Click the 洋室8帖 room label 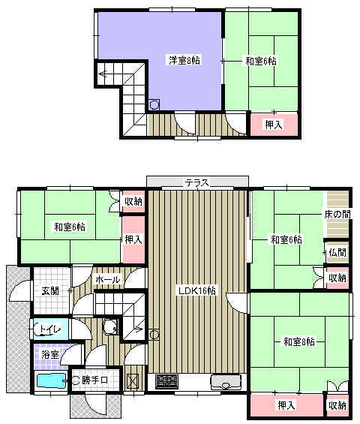coord(184,60)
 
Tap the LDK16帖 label coord(196,290)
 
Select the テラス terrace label coord(196,183)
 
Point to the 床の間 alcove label coord(337,215)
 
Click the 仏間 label coord(337,253)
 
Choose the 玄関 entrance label coord(50,291)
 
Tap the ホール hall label coord(107,279)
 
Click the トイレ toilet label coord(50,329)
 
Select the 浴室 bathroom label coord(50,354)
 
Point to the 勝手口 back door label coord(94,380)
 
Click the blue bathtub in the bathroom coord(51,380)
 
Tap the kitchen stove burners coord(167,381)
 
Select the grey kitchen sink coord(226,381)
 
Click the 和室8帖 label coord(299,341)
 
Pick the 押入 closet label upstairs coord(274,125)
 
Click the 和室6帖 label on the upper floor coord(260,61)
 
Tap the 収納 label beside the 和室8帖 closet coord(337,405)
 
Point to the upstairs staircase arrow coord(103,74)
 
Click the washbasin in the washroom coord(111,326)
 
